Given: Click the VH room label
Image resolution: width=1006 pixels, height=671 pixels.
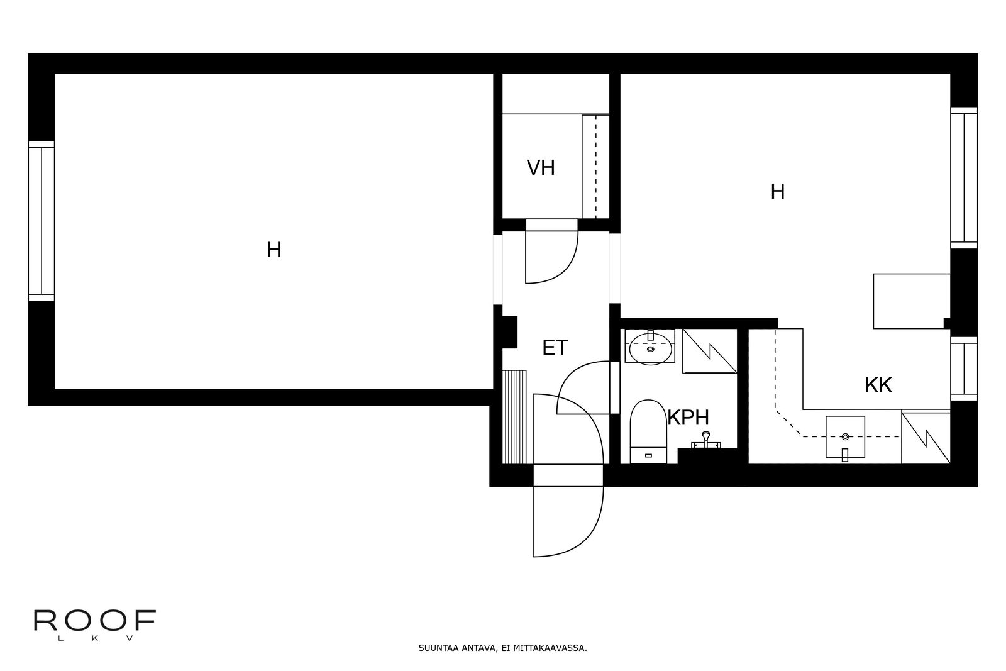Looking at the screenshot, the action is click(x=541, y=168).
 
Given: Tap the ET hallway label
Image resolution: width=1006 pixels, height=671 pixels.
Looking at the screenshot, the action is click(x=555, y=348).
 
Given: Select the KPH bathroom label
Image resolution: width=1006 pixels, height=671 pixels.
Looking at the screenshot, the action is click(x=688, y=417).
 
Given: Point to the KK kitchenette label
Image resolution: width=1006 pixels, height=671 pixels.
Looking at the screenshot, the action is click(x=878, y=385).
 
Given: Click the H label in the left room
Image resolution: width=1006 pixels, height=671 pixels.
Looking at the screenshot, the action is click(x=274, y=250).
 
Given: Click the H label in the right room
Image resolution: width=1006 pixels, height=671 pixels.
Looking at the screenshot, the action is click(x=778, y=192).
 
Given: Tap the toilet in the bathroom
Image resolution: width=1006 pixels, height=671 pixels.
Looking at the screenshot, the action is click(x=648, y=431).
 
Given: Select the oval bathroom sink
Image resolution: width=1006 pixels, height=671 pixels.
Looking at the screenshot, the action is click(x=650, y=349).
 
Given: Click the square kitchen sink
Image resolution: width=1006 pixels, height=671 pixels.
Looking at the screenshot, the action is click(x=845, y=437).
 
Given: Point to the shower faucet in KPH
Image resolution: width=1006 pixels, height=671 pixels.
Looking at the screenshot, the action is click(x=706, y=441).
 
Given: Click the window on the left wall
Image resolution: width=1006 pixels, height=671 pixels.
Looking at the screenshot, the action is click(x=41, y=221).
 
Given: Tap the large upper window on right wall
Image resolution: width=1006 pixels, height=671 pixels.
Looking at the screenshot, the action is click(x=964, y=177).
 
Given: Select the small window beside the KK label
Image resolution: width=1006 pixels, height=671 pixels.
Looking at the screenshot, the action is click(x=964, y=369).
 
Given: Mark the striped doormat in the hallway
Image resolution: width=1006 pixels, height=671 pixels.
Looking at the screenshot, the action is click(x=514, y=417).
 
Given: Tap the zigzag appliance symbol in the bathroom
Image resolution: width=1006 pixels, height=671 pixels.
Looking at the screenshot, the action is click(x=710, y=351).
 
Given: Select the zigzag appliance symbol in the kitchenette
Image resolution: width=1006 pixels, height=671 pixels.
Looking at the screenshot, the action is click(x=926, y=438).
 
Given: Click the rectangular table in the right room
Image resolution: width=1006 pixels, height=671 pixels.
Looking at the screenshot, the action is click(x=911, y=301).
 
